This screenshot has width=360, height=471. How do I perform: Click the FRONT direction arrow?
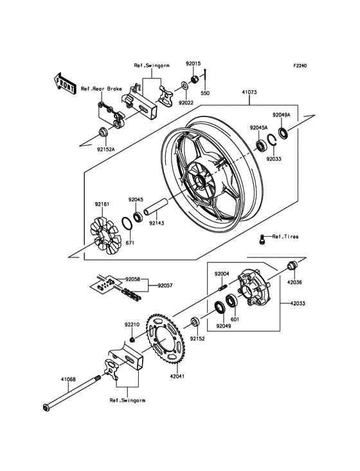tap(64, 84)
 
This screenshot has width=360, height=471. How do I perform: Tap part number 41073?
tap(249, 92)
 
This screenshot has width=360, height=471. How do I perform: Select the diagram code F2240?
tap(300, 66)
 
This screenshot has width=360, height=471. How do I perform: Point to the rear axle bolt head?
tap(46, 408)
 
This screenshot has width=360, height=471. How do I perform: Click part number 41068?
tap(68, 380)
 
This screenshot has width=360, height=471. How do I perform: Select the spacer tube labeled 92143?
tap(156, 208)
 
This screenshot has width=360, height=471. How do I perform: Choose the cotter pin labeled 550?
tap(205, 78)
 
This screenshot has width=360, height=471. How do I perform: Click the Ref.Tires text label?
tap(285, 236)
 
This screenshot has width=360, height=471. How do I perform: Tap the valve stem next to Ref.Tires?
tap(262, 239)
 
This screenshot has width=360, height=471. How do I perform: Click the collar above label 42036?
tap(292, 266)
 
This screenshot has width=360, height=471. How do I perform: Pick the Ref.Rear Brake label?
tap(102, 89)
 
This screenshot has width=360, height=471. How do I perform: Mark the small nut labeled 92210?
tap(132, 340)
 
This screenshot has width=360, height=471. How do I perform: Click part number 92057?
tap(165, 286)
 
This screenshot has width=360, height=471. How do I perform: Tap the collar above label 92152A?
tap(104, 132)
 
